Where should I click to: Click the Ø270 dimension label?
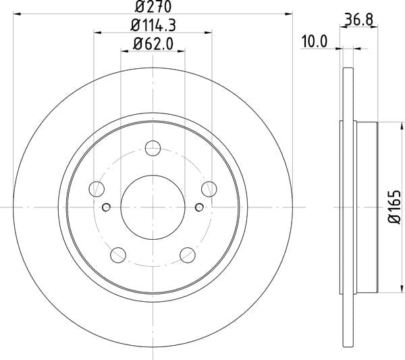153,7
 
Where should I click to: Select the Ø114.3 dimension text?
153,26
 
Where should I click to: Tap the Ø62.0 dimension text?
153,44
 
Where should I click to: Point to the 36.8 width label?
359,20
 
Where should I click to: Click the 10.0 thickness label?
315,42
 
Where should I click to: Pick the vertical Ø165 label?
395,207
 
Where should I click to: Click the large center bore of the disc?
153,207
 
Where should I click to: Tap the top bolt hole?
153,148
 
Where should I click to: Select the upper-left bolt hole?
97,189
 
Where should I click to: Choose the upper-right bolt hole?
209,189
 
